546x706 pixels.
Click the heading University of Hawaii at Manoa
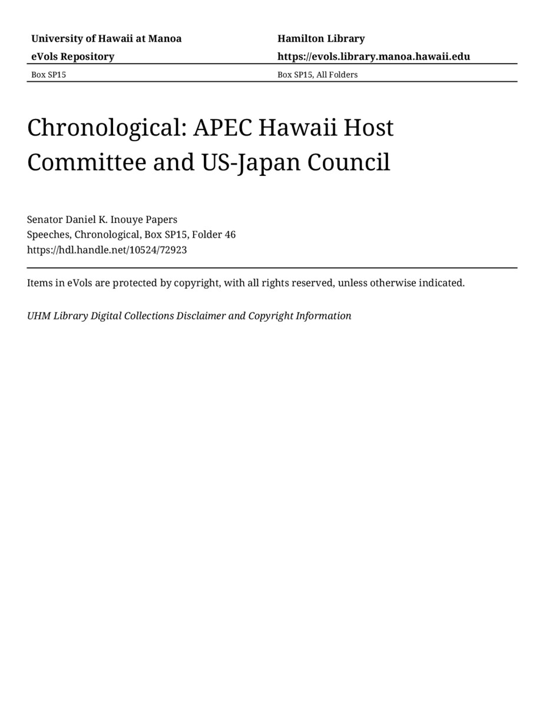coord(106,39)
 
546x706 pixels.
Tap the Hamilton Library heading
coord(321,39)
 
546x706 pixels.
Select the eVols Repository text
coord(72,56)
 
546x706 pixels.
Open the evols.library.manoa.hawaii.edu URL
coord(373,56)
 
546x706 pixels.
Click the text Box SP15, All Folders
coord(317,75)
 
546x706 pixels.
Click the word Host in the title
coord(369,128)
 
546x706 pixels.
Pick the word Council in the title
coord(356,162)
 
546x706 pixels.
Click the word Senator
coord(45,219)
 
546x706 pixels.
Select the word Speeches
coord(49,235)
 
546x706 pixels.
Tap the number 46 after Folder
coord(230,235)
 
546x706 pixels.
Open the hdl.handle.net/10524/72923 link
coord(107,249)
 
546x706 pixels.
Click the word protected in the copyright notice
coord(141,283)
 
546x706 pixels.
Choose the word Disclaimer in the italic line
coord(201,316)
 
